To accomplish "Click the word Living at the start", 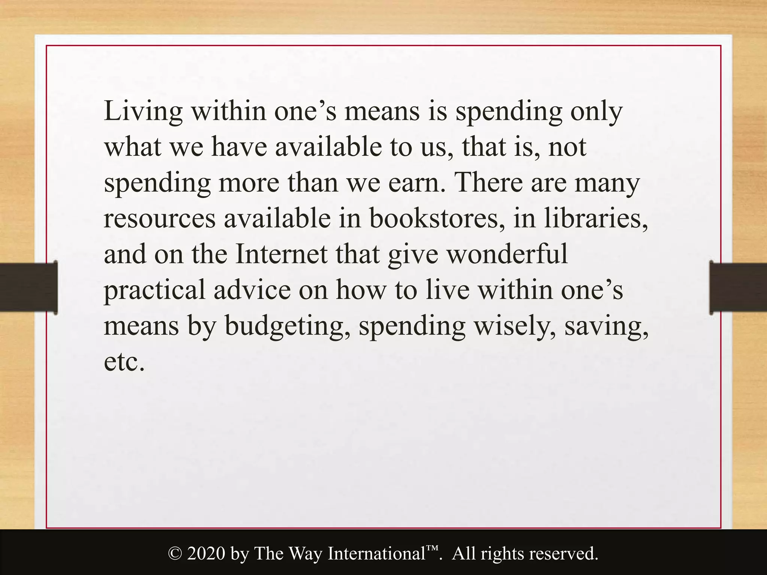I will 143,112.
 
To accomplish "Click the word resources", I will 160,219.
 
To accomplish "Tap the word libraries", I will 596,219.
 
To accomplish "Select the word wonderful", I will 508,255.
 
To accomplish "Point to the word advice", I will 252,290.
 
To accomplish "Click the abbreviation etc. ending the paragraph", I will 124,362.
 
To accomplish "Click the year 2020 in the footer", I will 206,554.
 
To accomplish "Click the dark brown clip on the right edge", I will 738,287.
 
